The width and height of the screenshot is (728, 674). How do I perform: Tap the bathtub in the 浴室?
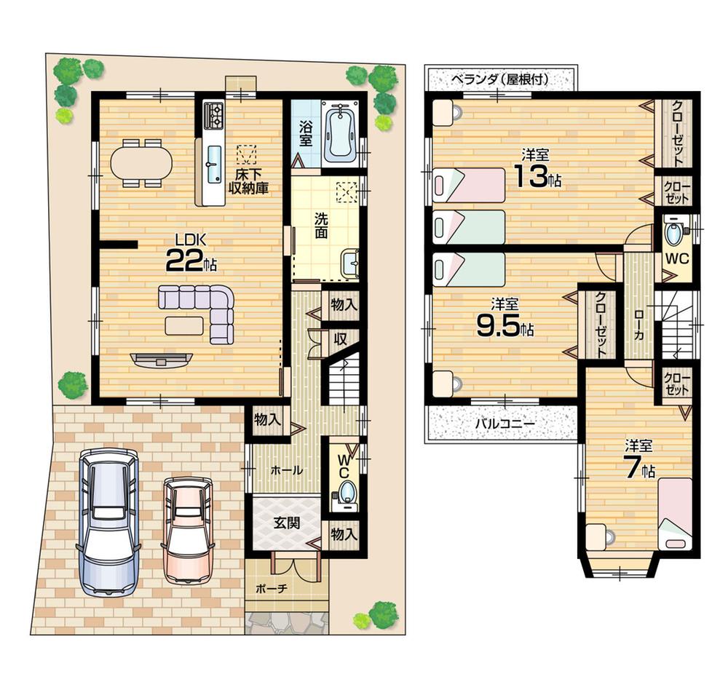point(339,135)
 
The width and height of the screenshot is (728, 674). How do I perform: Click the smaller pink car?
point(187,528)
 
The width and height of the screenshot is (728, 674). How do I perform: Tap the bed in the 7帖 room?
point(674,513)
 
